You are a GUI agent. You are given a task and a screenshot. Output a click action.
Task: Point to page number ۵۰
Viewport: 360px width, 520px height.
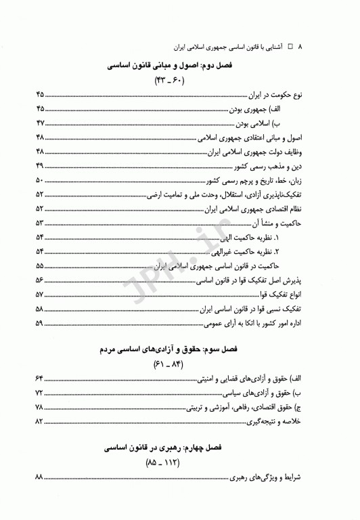39,180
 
